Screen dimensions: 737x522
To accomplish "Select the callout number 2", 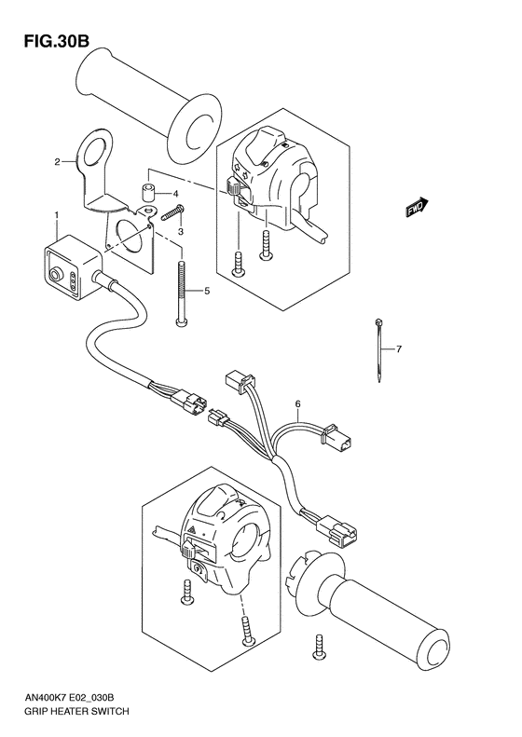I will tap(57, 162).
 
